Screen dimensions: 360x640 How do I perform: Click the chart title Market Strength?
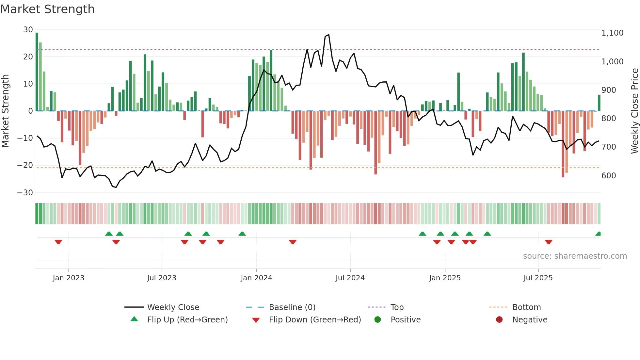[x=47, y=9]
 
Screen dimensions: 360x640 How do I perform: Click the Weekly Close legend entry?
[x=173, y=307]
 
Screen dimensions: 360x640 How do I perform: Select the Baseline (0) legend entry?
[x=292, y=307]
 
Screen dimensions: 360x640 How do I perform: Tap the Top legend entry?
[x=397, y=307]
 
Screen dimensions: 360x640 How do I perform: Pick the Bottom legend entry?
[x=526, y=307]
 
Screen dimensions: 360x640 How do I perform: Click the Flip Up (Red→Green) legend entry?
[x=187, y=320]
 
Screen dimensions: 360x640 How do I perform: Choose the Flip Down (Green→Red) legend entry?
[x=315, y=320]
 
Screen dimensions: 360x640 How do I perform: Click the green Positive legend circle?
[x=378, y=320]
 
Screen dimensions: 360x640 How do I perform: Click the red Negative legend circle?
[x=499, y=320]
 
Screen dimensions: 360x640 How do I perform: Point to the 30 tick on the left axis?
[x=28, y=30]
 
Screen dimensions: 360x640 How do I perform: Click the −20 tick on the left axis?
[x=25, y=165]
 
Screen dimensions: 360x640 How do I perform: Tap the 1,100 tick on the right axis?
[x=612, y=33]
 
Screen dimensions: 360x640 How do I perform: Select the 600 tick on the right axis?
[x=609, y=176]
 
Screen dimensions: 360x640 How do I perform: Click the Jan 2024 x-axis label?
[x=256, y=278]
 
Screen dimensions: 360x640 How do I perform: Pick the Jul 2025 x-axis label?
[x=538, y=278]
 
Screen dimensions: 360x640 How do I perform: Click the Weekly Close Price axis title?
[x=634, y=111]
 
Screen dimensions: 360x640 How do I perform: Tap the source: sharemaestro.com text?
[x=575, y=256]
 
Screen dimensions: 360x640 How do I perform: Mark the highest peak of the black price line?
[x=328, y=35]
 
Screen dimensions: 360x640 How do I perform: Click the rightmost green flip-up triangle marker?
[x=598, y=234]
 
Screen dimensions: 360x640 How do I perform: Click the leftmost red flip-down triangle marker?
[x=58, y=242]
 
